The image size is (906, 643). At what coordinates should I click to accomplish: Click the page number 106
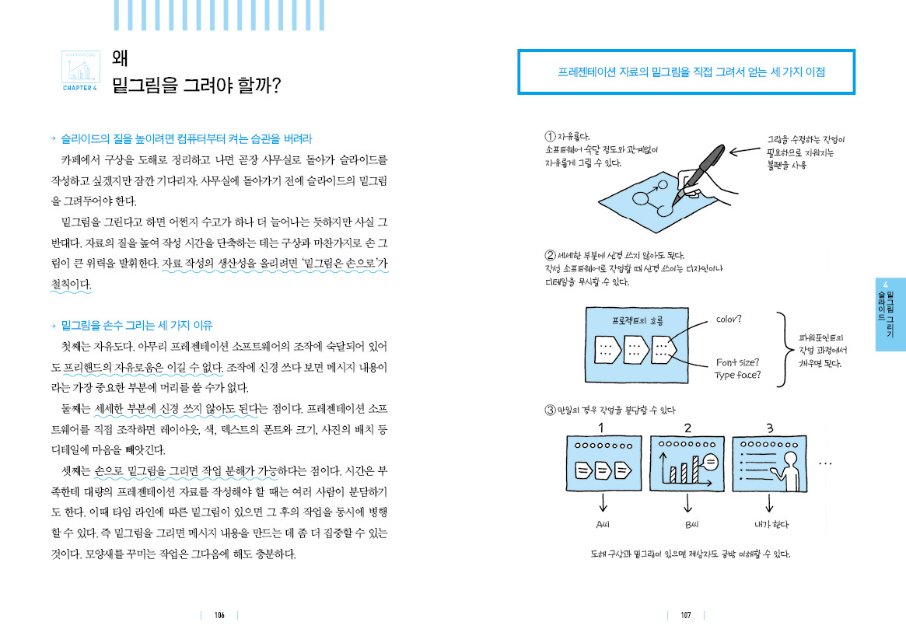219,615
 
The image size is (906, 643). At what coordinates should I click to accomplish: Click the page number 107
685,615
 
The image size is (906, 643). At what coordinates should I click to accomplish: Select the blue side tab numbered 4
890,314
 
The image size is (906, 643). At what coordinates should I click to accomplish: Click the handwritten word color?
729,319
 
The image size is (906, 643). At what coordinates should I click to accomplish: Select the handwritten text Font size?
738,362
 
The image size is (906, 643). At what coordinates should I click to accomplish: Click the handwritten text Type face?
738,376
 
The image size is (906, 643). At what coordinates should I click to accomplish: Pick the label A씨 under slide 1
603,523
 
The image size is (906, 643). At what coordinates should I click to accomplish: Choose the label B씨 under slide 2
687,523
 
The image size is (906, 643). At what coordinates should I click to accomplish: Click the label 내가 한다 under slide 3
771,523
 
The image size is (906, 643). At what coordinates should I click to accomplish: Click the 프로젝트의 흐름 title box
638,320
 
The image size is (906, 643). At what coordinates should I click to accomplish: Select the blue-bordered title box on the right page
687,72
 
